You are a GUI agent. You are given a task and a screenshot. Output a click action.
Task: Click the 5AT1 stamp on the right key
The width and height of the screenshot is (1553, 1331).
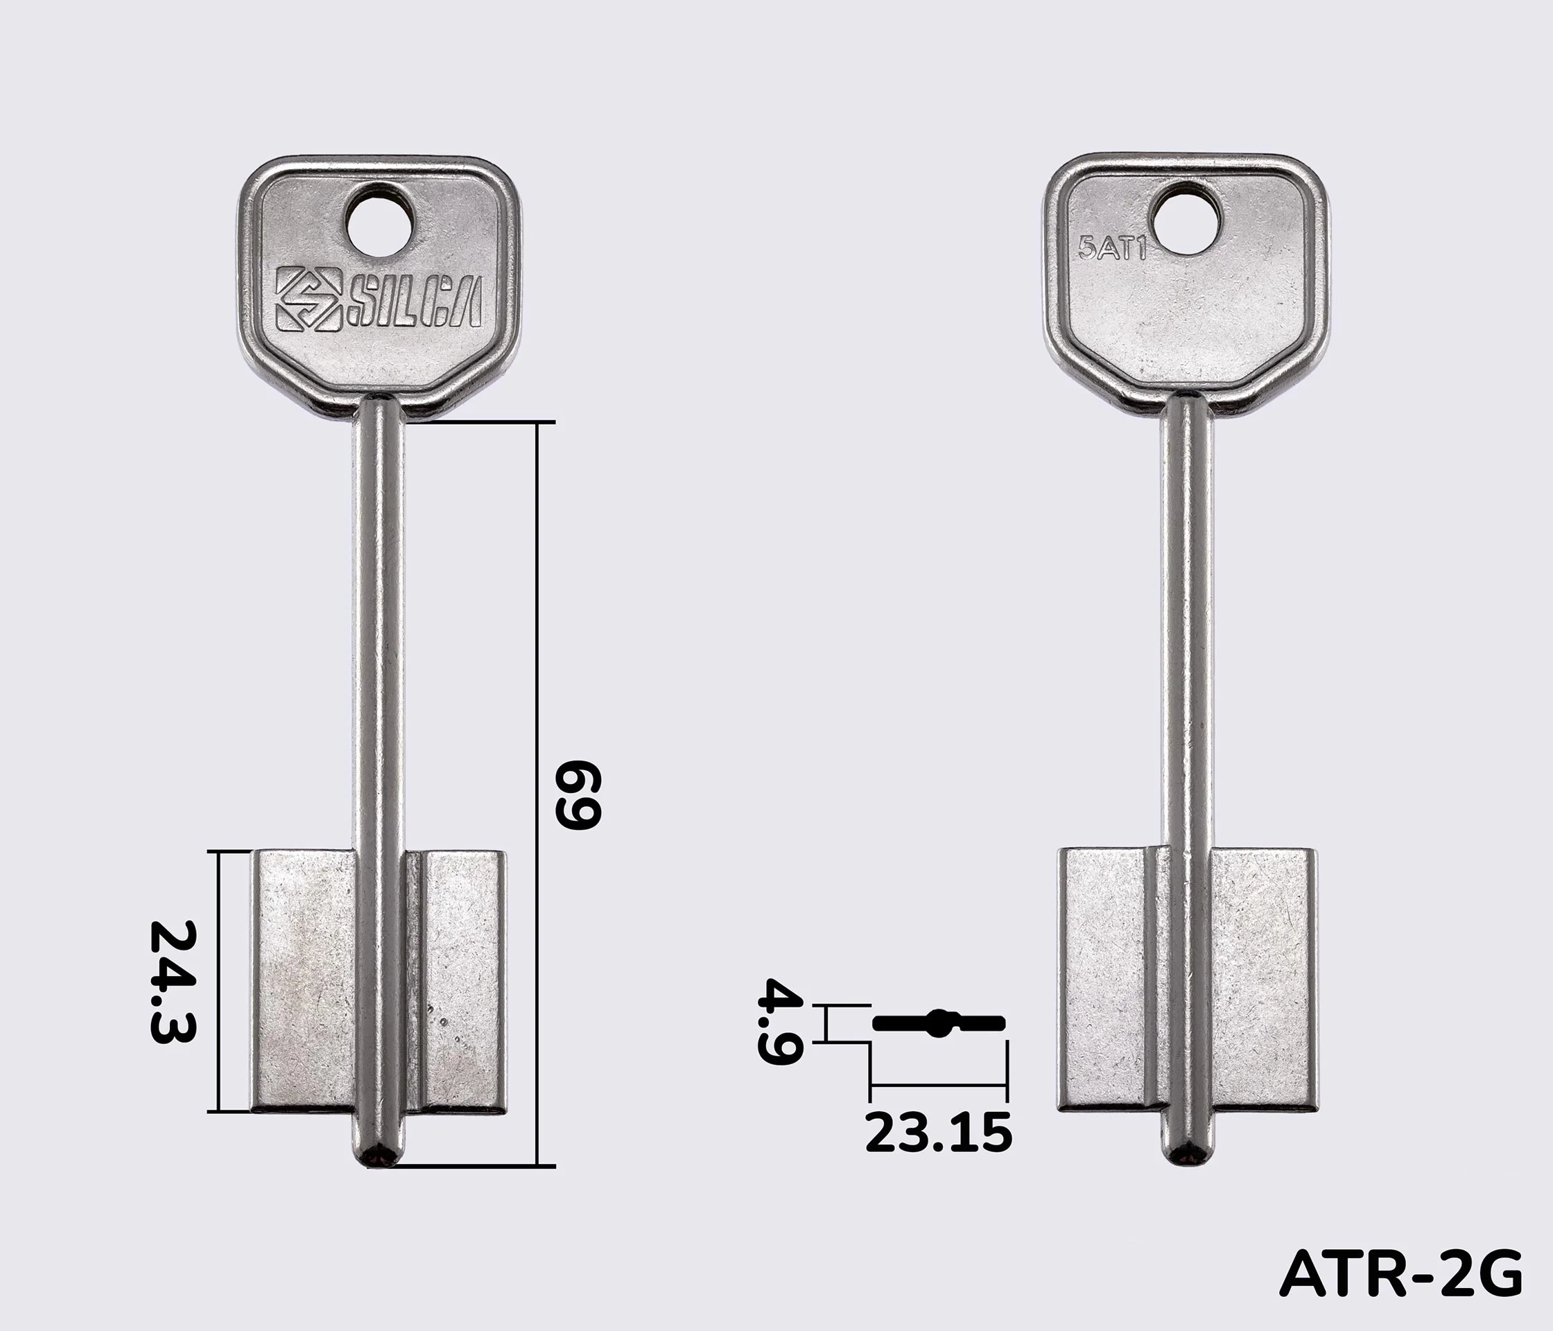point(1112,248)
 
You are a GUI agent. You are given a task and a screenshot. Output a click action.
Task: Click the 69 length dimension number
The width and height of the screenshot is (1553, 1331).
point(577,794)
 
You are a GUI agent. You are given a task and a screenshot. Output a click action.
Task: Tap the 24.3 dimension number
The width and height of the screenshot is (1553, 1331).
point(173,982)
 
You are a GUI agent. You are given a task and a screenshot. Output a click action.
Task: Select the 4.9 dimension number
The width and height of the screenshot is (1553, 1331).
point(780,1020)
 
